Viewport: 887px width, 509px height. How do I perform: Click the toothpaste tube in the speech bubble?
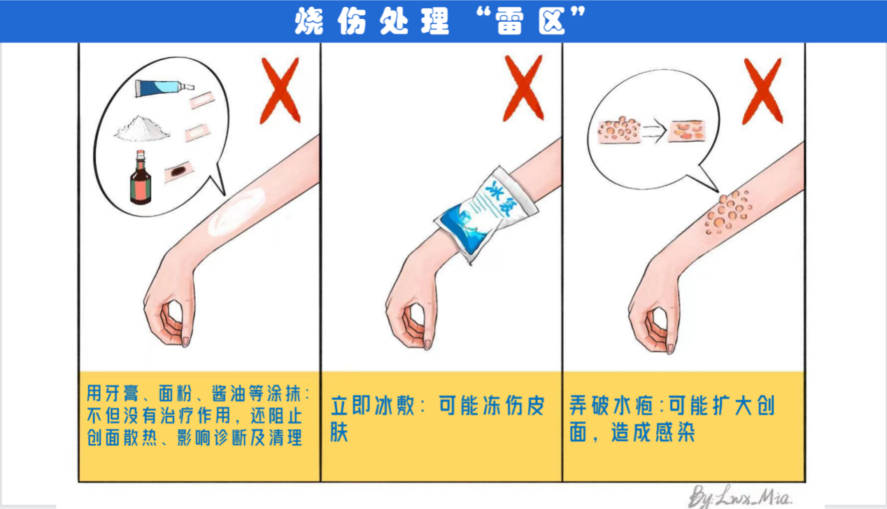click(164, 88)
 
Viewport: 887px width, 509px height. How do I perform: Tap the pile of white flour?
click(142, 128)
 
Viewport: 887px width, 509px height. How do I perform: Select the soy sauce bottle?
click(141, 177)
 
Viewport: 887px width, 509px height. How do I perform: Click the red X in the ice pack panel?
click(523, 88)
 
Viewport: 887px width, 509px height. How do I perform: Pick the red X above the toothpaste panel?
click(281, 90)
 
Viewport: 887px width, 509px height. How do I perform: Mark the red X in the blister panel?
click(762, 91)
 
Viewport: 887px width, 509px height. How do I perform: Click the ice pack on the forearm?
click(486, 214)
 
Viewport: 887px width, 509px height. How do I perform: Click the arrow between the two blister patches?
click(654, 131)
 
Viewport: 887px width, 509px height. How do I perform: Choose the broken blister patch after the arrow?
click(686, 131)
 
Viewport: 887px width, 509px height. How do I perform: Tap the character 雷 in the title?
click(509, 22)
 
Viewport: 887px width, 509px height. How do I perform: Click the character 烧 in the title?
click(309, 22)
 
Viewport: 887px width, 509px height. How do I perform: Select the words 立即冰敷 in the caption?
click(373, 406)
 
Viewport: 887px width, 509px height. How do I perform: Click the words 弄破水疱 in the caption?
click(611, 406)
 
